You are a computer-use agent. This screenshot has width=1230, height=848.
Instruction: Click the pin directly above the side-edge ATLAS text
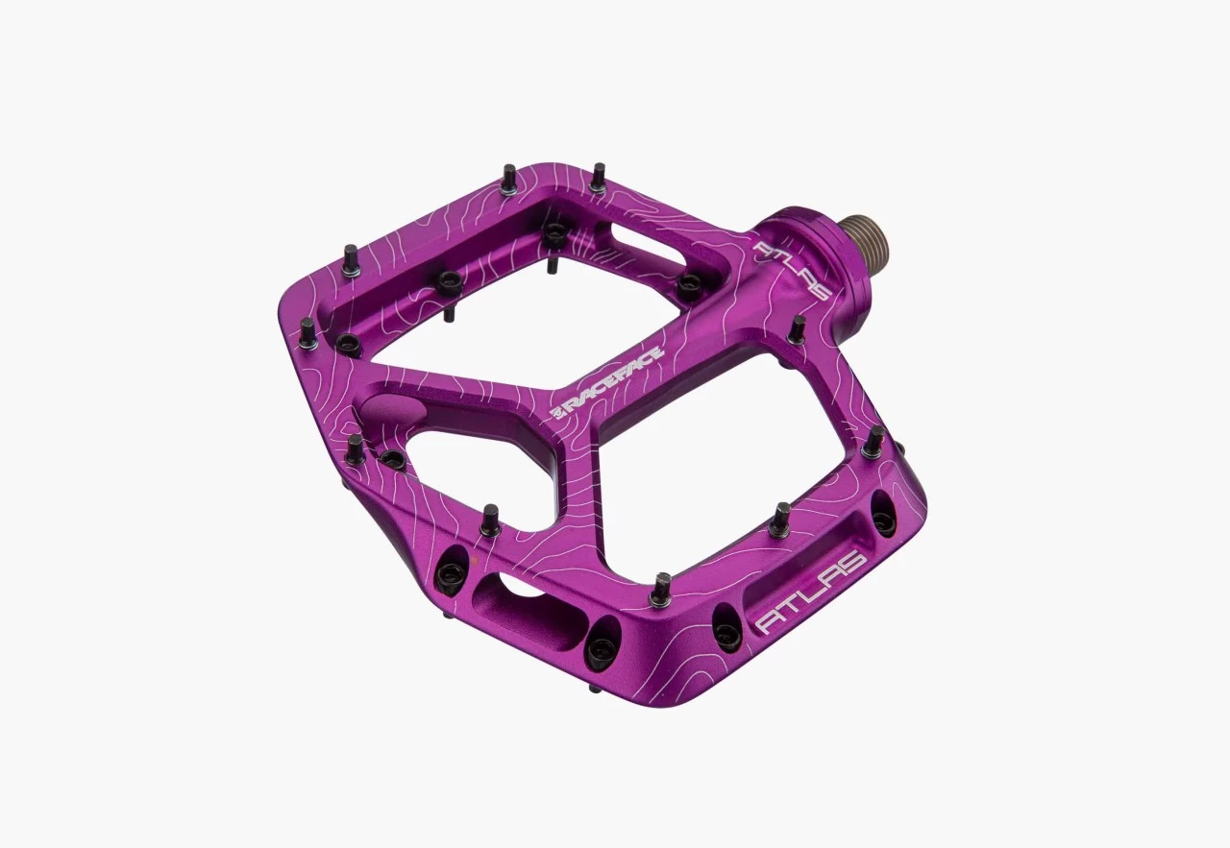pyautogui.click(x=779, y=520)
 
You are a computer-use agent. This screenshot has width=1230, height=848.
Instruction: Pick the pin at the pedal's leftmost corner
pyautogui.click(x=307, y=333)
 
